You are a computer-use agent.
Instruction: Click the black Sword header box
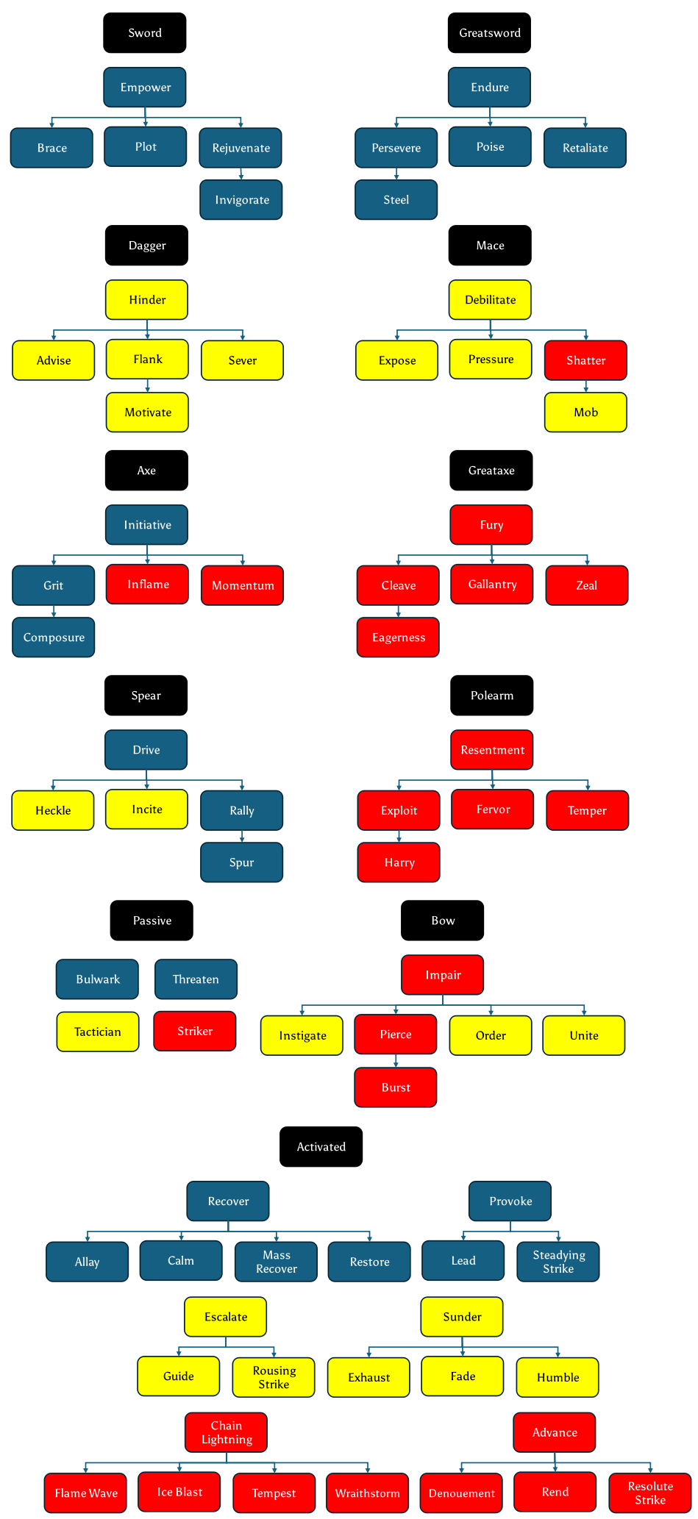144,33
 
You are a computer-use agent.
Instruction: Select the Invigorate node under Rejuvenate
241,200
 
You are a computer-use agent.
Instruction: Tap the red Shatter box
585,360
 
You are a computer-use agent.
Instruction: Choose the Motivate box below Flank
147,412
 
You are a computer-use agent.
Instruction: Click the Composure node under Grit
54,637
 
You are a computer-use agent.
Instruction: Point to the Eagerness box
398,637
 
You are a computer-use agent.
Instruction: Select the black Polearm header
491,696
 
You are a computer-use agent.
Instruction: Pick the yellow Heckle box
53,810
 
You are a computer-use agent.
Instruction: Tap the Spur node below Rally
241,862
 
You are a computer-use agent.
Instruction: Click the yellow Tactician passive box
98,1032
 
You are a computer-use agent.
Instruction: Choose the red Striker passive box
195,1031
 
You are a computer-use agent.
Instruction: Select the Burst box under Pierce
396,1087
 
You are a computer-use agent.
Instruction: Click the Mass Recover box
276,1262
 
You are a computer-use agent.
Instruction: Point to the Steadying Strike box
558,1262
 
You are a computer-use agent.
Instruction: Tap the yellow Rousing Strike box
274,1377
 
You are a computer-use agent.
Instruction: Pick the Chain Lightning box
226,1432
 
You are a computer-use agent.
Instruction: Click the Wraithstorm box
367,1493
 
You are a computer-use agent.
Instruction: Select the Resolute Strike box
650,1493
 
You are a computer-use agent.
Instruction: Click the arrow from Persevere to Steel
396,174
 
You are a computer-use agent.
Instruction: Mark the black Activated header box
321,1147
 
